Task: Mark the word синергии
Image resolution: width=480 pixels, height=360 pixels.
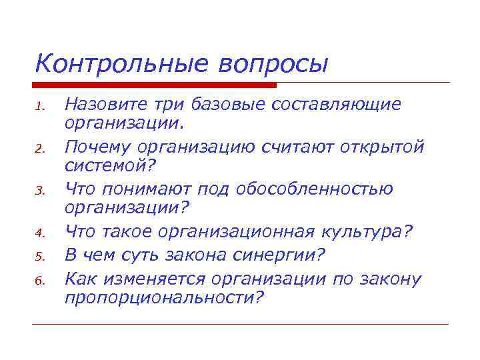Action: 281,254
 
